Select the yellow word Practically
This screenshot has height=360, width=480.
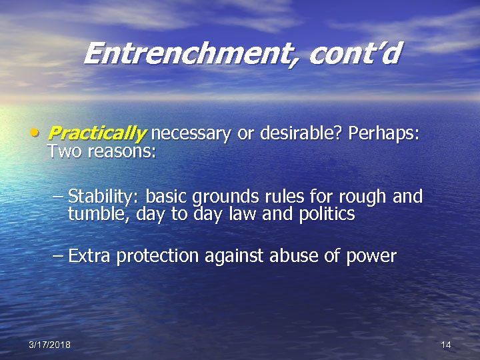click(x=97, y=134)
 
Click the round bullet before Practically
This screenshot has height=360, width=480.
click(x=34, y=132)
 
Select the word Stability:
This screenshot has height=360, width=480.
click(x=104, y=197)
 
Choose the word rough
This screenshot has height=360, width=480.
click(x=362, y=197)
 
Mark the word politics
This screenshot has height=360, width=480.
click(x=323, y=215)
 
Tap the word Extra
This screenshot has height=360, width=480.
click(x=90, y=256)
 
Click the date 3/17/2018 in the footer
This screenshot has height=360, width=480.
click(x=50, y=345)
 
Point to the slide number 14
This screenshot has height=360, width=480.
click(x=446, y=345)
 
